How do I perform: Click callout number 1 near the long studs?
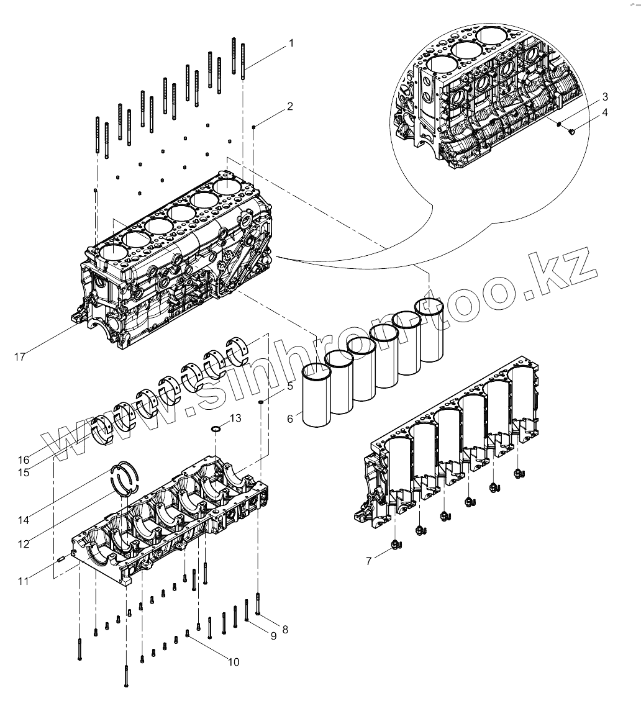point(290,43)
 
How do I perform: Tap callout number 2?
point(290,106)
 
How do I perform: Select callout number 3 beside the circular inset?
point(604,97)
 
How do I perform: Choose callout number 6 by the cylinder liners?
point(290,419)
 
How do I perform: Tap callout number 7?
point(369,561)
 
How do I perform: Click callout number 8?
point(285,629)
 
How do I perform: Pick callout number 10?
point(233,662)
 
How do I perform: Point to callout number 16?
point(24,460)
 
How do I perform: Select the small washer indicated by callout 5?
point(261,402)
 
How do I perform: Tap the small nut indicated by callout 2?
point(254,127)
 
